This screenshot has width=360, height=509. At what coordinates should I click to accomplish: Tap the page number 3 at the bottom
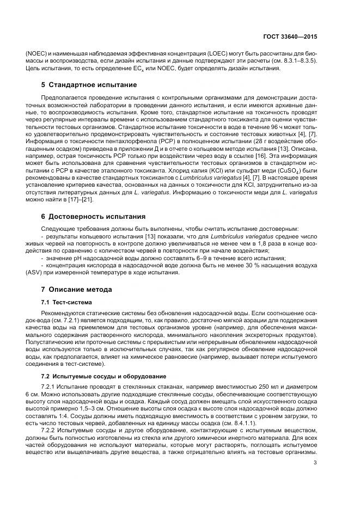click(x=315, y=463)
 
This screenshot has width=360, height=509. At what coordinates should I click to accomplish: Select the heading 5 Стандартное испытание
click(x=89, y=85)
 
